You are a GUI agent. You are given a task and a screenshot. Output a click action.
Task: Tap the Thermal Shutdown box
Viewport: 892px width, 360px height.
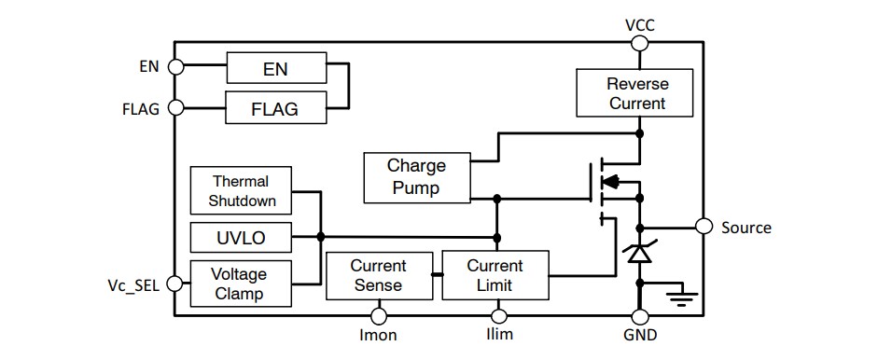click(240, 190)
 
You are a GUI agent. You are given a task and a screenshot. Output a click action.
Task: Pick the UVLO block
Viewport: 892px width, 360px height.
click(240, 238)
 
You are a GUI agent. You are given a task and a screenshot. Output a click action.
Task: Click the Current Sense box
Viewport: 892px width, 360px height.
click(378, 275)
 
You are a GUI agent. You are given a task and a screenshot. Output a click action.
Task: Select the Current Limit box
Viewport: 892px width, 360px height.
click(495, 275)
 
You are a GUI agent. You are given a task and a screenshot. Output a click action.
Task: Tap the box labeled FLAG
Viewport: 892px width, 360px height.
click(275, 108)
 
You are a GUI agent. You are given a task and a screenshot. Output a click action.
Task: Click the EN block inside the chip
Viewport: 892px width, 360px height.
click(275, 67)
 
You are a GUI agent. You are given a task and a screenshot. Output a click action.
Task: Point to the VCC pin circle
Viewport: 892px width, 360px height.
click(639, 41)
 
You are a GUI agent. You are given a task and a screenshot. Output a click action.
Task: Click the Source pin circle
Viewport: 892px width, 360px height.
click(704, 227)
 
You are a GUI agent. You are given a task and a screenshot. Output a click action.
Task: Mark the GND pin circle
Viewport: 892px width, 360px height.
click(639, 316)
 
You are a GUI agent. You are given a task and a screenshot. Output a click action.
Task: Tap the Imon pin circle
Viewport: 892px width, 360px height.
click(379, 316)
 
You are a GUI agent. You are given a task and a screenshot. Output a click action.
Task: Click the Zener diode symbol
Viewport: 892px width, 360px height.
click(639, 252)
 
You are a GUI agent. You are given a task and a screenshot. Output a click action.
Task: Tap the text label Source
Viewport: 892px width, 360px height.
click(746, 228)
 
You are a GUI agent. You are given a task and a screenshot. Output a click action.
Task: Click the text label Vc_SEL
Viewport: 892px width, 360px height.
click(135, 284)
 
